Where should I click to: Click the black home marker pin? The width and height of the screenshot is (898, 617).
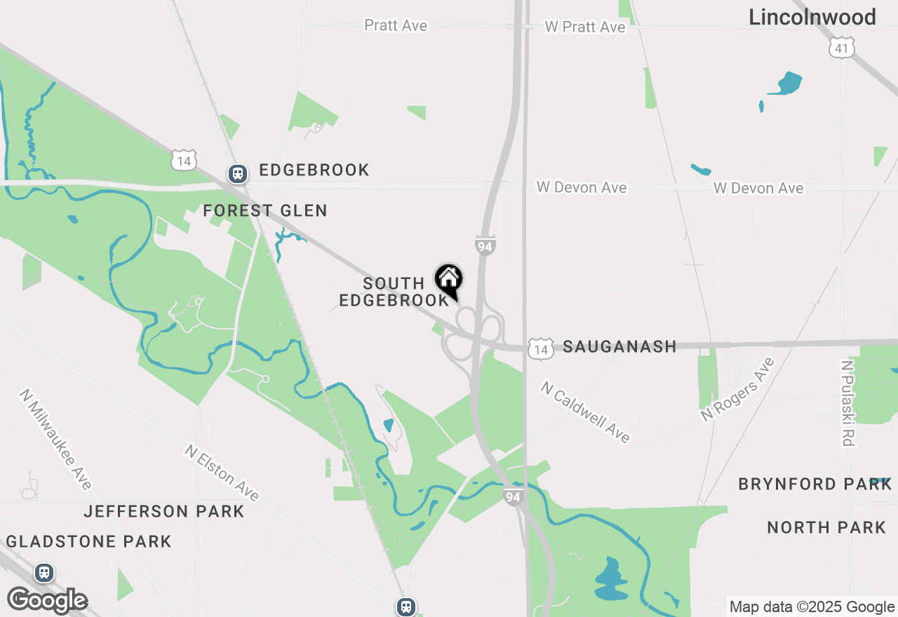tap(449, 280)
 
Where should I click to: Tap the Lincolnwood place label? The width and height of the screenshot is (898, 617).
tap(812, 18)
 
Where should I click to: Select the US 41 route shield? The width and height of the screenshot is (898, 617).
tap(841, 48)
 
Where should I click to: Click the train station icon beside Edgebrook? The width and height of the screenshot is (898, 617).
tap(238, 173)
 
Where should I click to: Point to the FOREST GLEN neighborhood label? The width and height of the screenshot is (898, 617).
tap(265, 210)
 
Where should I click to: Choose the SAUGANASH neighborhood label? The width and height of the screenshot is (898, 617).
tap(619, 346)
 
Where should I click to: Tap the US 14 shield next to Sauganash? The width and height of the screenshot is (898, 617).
tap(540, 349)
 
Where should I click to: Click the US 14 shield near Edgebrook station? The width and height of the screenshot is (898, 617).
tap(184, 161)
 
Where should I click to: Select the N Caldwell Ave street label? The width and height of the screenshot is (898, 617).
tap(585, 412)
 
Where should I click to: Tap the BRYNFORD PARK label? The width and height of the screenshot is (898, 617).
tap(815, 484)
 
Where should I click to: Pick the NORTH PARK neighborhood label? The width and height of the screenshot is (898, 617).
tap(826, 527)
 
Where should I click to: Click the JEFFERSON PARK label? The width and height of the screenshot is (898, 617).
tap(164, 512)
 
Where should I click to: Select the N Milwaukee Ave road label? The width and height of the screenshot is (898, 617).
tap(56, 439)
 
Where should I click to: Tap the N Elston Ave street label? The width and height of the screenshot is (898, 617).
tap(222, 473)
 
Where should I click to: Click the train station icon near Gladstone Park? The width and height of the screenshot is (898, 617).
tap(45, 573)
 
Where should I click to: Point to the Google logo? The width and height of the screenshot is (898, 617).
tap(48, 600)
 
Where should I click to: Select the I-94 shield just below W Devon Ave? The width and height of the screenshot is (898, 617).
tap(485, 245)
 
